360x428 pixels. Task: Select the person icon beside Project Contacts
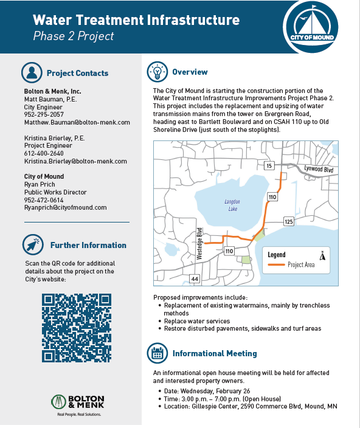click(30, 73)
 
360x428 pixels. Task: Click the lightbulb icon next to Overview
click(157, 72)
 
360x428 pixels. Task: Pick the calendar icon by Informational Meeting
click(157, 353)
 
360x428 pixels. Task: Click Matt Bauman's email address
click(77, 122)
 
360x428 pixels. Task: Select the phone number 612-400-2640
click(44, 154)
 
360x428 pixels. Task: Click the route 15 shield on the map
click(270, 165)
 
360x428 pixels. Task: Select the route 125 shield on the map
click(288, 222)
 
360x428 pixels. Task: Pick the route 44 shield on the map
click(195, 278)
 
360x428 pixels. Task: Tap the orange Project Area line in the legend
click(277, 265)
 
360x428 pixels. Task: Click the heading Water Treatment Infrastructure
click(136, 20)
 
